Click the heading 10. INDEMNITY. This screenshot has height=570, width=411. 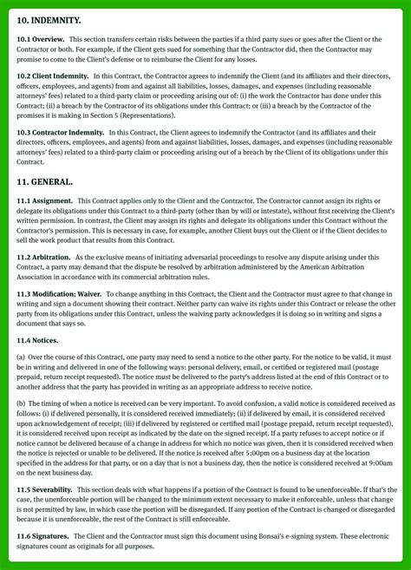pos(49,19)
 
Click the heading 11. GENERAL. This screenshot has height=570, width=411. pos(45,181)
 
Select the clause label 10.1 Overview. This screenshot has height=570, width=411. pos(40,40)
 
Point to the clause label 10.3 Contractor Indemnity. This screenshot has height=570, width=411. pos(62,132)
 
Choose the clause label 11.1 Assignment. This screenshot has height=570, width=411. pos(45,201)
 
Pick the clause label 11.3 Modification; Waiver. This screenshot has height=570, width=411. pos(59,295)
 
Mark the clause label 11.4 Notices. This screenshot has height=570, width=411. pos(37,340)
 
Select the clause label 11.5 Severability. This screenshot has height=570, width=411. pos(45,490)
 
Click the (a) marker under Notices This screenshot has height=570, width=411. pos(21,357)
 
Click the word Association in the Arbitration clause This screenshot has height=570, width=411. pos(37,278)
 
